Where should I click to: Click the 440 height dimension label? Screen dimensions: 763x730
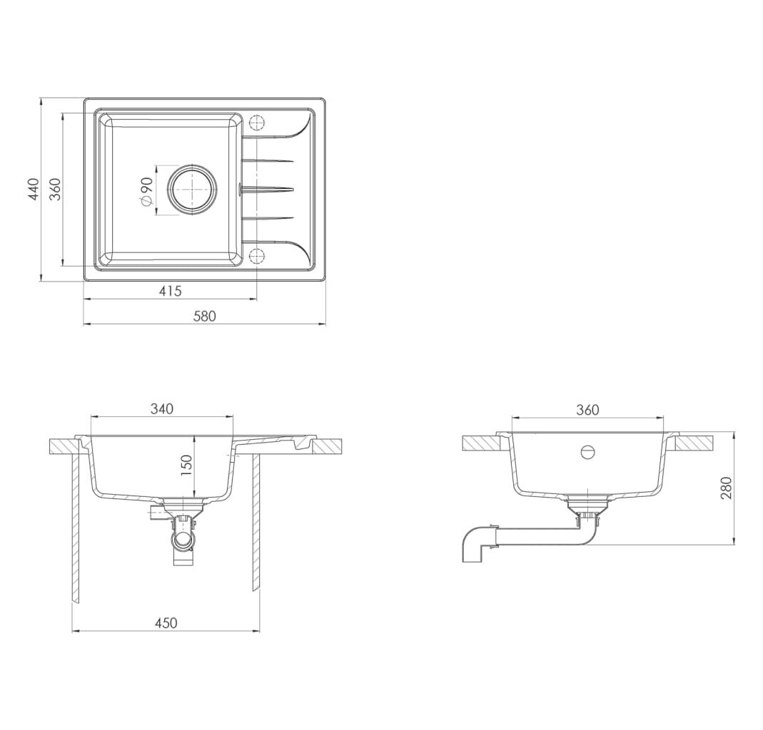34,189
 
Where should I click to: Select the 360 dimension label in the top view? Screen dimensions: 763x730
56,189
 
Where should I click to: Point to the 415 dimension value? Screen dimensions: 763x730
171,291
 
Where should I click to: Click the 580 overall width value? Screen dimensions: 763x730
204,316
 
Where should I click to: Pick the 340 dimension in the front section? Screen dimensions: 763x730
161,408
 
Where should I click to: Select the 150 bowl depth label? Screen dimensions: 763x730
187,465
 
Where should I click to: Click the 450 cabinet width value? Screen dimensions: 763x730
166,622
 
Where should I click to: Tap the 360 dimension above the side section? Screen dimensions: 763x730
588,410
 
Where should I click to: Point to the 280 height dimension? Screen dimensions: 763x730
726,488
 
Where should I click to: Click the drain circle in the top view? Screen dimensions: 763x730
191,189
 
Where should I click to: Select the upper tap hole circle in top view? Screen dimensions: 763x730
256,123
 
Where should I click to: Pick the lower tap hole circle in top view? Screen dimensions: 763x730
256,255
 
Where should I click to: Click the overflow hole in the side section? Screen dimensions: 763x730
588,452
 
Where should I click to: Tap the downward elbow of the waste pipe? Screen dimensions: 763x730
473,545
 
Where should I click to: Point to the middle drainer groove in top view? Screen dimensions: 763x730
267,189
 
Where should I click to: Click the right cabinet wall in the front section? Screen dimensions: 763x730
256,523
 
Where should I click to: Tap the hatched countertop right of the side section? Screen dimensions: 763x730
694,443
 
